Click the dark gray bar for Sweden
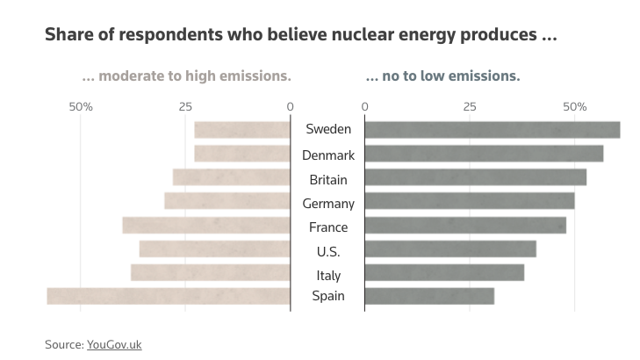(493, 130)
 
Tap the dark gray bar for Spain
(429, 296)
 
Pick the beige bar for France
(206, 225)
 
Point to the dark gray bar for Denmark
(484, 154)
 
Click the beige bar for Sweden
(242, 130)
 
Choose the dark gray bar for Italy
(444, 272)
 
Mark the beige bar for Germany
(227, 201)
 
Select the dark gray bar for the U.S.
(450, 248)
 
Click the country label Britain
(328, 180)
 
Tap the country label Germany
(328, 204)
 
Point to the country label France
(328, 227)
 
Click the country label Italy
(328, 275)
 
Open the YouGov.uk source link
(114, 344)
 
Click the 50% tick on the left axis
(81, 107)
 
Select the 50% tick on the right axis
(574, 107)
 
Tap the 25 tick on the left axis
(185, 107)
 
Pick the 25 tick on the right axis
(470, 107)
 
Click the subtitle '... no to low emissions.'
(442, 76)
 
